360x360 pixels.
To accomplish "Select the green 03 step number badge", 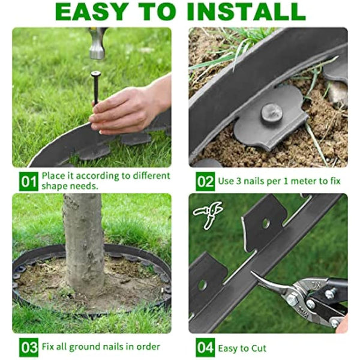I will [28, 347].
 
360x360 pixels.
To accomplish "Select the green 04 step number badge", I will [205, 347].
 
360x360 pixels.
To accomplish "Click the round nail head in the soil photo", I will [271, 112].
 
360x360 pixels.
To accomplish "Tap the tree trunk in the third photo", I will [83, 240].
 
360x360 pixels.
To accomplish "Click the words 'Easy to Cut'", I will [242, 347].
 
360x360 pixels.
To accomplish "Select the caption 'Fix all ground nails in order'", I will [100, 347].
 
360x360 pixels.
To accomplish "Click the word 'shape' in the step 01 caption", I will [55, 187].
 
